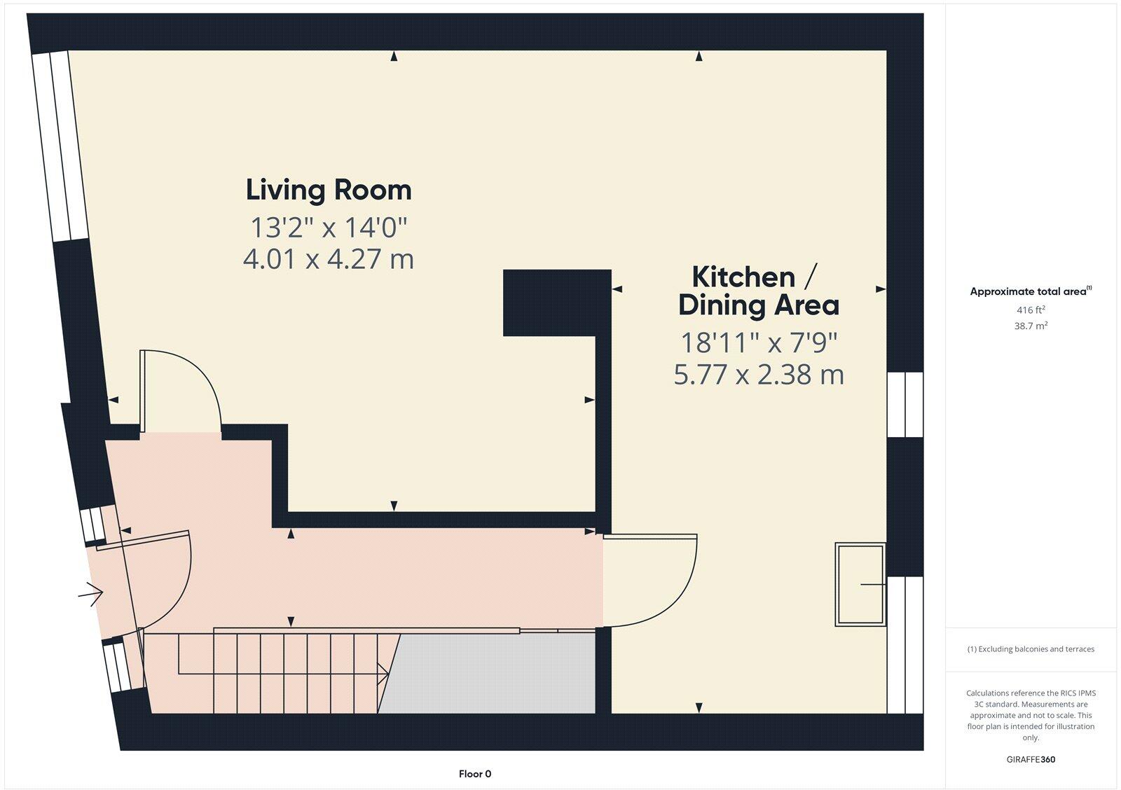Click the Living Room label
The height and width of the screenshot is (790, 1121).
pos(329,190)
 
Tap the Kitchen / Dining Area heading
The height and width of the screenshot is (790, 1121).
pos(759,291)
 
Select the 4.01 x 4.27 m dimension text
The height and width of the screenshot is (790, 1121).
pos(329,259)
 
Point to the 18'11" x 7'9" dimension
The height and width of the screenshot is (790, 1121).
pos(759,342)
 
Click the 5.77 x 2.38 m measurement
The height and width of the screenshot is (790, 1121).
pos(759,375)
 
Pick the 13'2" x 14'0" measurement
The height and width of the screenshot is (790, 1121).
pos(329,227)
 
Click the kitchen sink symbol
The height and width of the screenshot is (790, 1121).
pos(860,584)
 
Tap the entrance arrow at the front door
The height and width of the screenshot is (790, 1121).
pos(91,594)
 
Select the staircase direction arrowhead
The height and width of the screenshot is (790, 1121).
pos(384,674)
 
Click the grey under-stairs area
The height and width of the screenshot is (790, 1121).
pos(490,674)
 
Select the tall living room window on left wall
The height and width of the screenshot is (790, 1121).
pos(60,146)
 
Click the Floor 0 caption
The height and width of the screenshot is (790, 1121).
pos(475,774)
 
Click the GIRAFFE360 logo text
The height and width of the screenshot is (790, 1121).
pos(1031,759)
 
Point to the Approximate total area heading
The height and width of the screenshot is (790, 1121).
pos(1029,291)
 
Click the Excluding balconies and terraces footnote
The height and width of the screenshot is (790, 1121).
pos(1031,649)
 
